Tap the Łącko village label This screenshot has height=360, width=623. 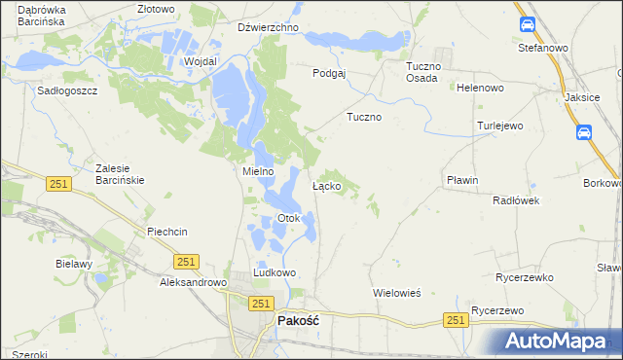click(x=325, y=185)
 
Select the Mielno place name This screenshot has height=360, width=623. click(x=258, y=171)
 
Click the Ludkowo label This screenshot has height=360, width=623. click(x=274, y=273)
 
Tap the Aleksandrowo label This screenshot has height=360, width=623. click(x=193, y=282)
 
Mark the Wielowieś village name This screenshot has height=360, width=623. click(x=396, y=292)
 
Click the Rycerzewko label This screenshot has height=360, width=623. click(x=525, y=277)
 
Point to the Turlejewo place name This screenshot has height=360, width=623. click(x=500, y=126)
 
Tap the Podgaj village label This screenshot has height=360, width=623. click(x=330, y=73)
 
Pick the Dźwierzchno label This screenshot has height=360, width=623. click(x=268, y=28)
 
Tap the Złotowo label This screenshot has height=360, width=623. click(x=156, y=9)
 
